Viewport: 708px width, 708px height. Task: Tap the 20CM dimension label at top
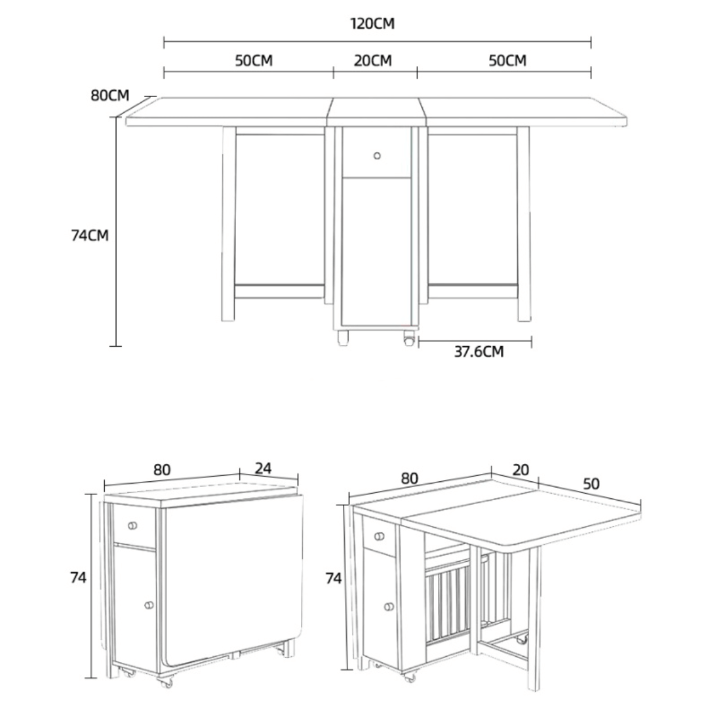coord(372,61)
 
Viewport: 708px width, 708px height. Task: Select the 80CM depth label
coord(110,96)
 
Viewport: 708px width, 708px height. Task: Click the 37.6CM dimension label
coord(479,352)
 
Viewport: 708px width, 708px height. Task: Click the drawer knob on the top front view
coord(377,155)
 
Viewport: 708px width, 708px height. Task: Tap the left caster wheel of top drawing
coord(342,338)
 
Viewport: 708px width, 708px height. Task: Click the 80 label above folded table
coord(162,470)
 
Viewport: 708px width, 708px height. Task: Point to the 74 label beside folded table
coord(79,578)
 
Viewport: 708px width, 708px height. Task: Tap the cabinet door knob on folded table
coord(149,604)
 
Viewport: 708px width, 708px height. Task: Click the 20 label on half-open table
coord(521,469)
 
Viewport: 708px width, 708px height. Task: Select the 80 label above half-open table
coord(409,479)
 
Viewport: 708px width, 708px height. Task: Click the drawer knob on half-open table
coord(379,537)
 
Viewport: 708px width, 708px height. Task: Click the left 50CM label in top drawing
coord(254,61)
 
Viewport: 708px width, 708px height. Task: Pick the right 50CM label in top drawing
coord(507,61)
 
